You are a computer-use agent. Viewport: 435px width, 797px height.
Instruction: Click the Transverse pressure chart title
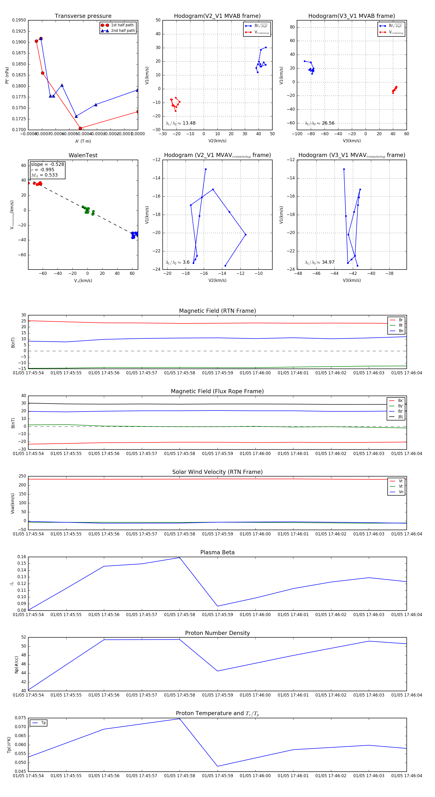pos(83,16)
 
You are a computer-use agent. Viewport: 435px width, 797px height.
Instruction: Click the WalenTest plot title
pos(83,155)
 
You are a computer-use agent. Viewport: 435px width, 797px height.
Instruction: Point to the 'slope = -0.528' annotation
pos(47,164)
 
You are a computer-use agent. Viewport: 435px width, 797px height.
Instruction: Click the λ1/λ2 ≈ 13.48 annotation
pos(181,123)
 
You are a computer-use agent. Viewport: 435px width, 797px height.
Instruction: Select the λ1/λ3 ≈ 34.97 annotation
pos(319,262)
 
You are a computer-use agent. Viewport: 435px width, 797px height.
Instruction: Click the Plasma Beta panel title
pos(217,553)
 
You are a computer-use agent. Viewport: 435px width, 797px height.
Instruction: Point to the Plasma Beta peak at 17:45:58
pos(180,558)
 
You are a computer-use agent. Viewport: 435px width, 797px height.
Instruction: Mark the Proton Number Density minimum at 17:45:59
pos(217,671)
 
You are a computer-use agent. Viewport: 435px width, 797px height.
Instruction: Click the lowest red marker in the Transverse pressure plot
pos(80,128)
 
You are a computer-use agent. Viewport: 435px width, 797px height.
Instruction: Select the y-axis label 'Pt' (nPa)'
pos(7,75)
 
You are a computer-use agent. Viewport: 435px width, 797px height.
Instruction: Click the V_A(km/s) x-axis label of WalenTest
pos(83,281)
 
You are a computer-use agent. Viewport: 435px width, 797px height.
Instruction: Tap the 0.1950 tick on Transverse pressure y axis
pos(19,20)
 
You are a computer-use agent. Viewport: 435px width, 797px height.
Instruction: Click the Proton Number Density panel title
pos(217,633)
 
